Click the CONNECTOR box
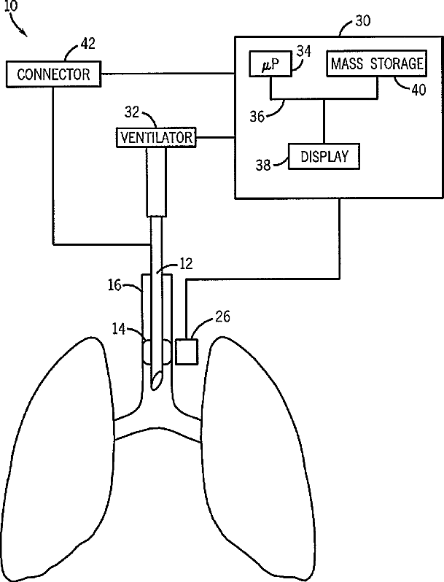[x=53, y=74]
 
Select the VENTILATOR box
[x=157, y=137]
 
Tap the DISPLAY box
[x=324, y=156]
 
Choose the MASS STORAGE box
[x=376, y=63]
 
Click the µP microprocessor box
[x=270, y=63]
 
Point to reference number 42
[x=87, y=44]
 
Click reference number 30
[x=362, y=20]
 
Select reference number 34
[x=303, y=51]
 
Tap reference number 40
[x=418, y=90]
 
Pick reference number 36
[x=257, y=117]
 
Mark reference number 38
[x=263, y=165]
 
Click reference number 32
[x=132, y=112]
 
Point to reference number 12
[x=186, y=263]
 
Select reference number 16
[x=115, y=285]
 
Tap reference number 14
[x=119, y=329]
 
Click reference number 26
[x=222, y=317]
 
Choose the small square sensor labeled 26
[x=187, y=352]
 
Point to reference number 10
[x=11, y=6]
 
